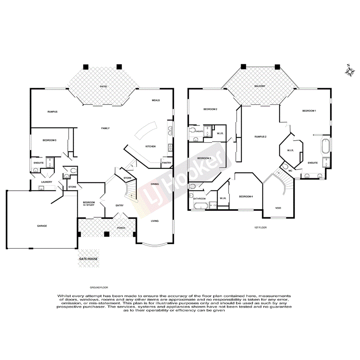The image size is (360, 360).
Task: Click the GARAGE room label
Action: (42, 226)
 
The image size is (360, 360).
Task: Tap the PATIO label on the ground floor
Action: (103, 87)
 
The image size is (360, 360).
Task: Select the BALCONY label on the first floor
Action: (260, 86)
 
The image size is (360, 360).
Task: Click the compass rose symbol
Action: (350, 71)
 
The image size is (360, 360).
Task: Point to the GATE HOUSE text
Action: (89, 259)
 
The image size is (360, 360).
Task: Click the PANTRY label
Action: (166, 163)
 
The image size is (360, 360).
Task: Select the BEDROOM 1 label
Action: (309, 111)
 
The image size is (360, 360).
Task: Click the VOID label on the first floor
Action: (278, 208)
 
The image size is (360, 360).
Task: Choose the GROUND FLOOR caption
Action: (99, 288)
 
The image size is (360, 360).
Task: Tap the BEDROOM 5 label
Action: (50, 140)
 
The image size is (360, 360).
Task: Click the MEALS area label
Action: (156, 100)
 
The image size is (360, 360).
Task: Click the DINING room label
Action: (155, 184)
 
